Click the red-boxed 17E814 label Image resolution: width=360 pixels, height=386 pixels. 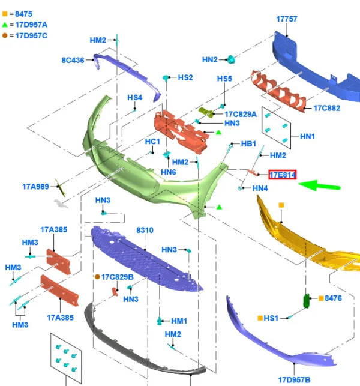(282, 175)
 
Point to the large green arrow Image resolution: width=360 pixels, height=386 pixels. (319, 185)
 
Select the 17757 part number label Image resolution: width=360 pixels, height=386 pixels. (287, 19)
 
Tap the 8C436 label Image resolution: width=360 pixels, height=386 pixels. (73, 60)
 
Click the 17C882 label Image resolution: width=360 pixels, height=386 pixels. (327, 108)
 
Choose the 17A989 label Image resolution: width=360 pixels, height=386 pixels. (35, 187)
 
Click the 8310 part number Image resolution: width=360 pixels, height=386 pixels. (145, 230)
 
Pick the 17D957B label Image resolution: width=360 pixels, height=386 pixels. (294, 380)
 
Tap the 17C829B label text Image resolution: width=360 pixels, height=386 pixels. (118, 277)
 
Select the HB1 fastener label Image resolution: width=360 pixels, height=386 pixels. (248, 143)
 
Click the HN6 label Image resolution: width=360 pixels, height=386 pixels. (169, 172)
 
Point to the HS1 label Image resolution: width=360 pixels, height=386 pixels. (271, 318)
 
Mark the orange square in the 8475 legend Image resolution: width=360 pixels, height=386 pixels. (5, 14)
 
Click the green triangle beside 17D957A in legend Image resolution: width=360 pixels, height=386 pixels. (5, 25)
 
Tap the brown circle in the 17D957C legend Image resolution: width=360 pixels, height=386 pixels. (5, 35)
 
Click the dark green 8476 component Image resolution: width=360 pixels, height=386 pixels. (307, 301)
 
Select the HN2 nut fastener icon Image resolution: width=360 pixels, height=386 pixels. (230, 59)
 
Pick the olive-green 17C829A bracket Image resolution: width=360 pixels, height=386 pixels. (206, 112)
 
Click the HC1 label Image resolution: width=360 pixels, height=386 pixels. (152, 142)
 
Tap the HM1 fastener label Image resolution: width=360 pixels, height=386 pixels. (179, 321)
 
